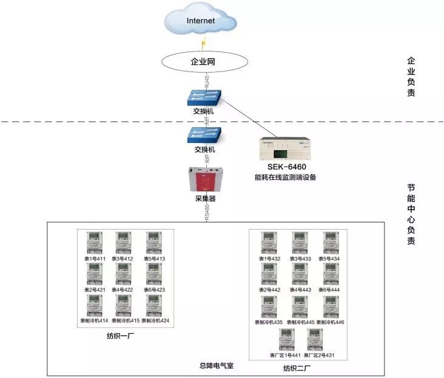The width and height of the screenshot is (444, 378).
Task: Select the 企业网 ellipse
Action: pyautogui.click(x=204, y=61)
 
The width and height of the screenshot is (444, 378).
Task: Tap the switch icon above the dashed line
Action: pyautogui.click(x=204, y=97)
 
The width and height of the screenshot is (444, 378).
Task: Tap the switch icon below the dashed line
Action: pyautogui.click(x=204, y=135)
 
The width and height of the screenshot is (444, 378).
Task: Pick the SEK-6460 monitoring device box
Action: pyautogui.click(x=284, y=149)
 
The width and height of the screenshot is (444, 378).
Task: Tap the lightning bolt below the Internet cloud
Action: pyautogui.click(x=204, y=42)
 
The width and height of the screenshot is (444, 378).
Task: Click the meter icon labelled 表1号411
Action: pyautogui.click(x=94, y=243)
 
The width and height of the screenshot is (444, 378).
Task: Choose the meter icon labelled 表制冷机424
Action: pyautogui.click(x=155, y=305)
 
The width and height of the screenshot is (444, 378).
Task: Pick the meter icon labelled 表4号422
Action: pyautogui.click(x=124, y=274)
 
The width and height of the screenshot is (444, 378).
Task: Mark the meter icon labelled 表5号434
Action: pyautogui.click(x=331, y=243)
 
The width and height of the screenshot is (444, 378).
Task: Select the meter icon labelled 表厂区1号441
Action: pyautogui.click(x=286, y=340)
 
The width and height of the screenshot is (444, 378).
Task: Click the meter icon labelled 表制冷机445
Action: pyautogui.click(x=300, y=307)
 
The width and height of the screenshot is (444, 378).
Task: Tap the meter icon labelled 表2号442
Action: pyautogui.click(x=269, y=274)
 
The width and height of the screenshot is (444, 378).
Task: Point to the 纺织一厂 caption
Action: pyautogui.click(x=119, y=335)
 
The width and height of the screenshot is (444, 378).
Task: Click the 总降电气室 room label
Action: pyautogui.click(x=216, y=366)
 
